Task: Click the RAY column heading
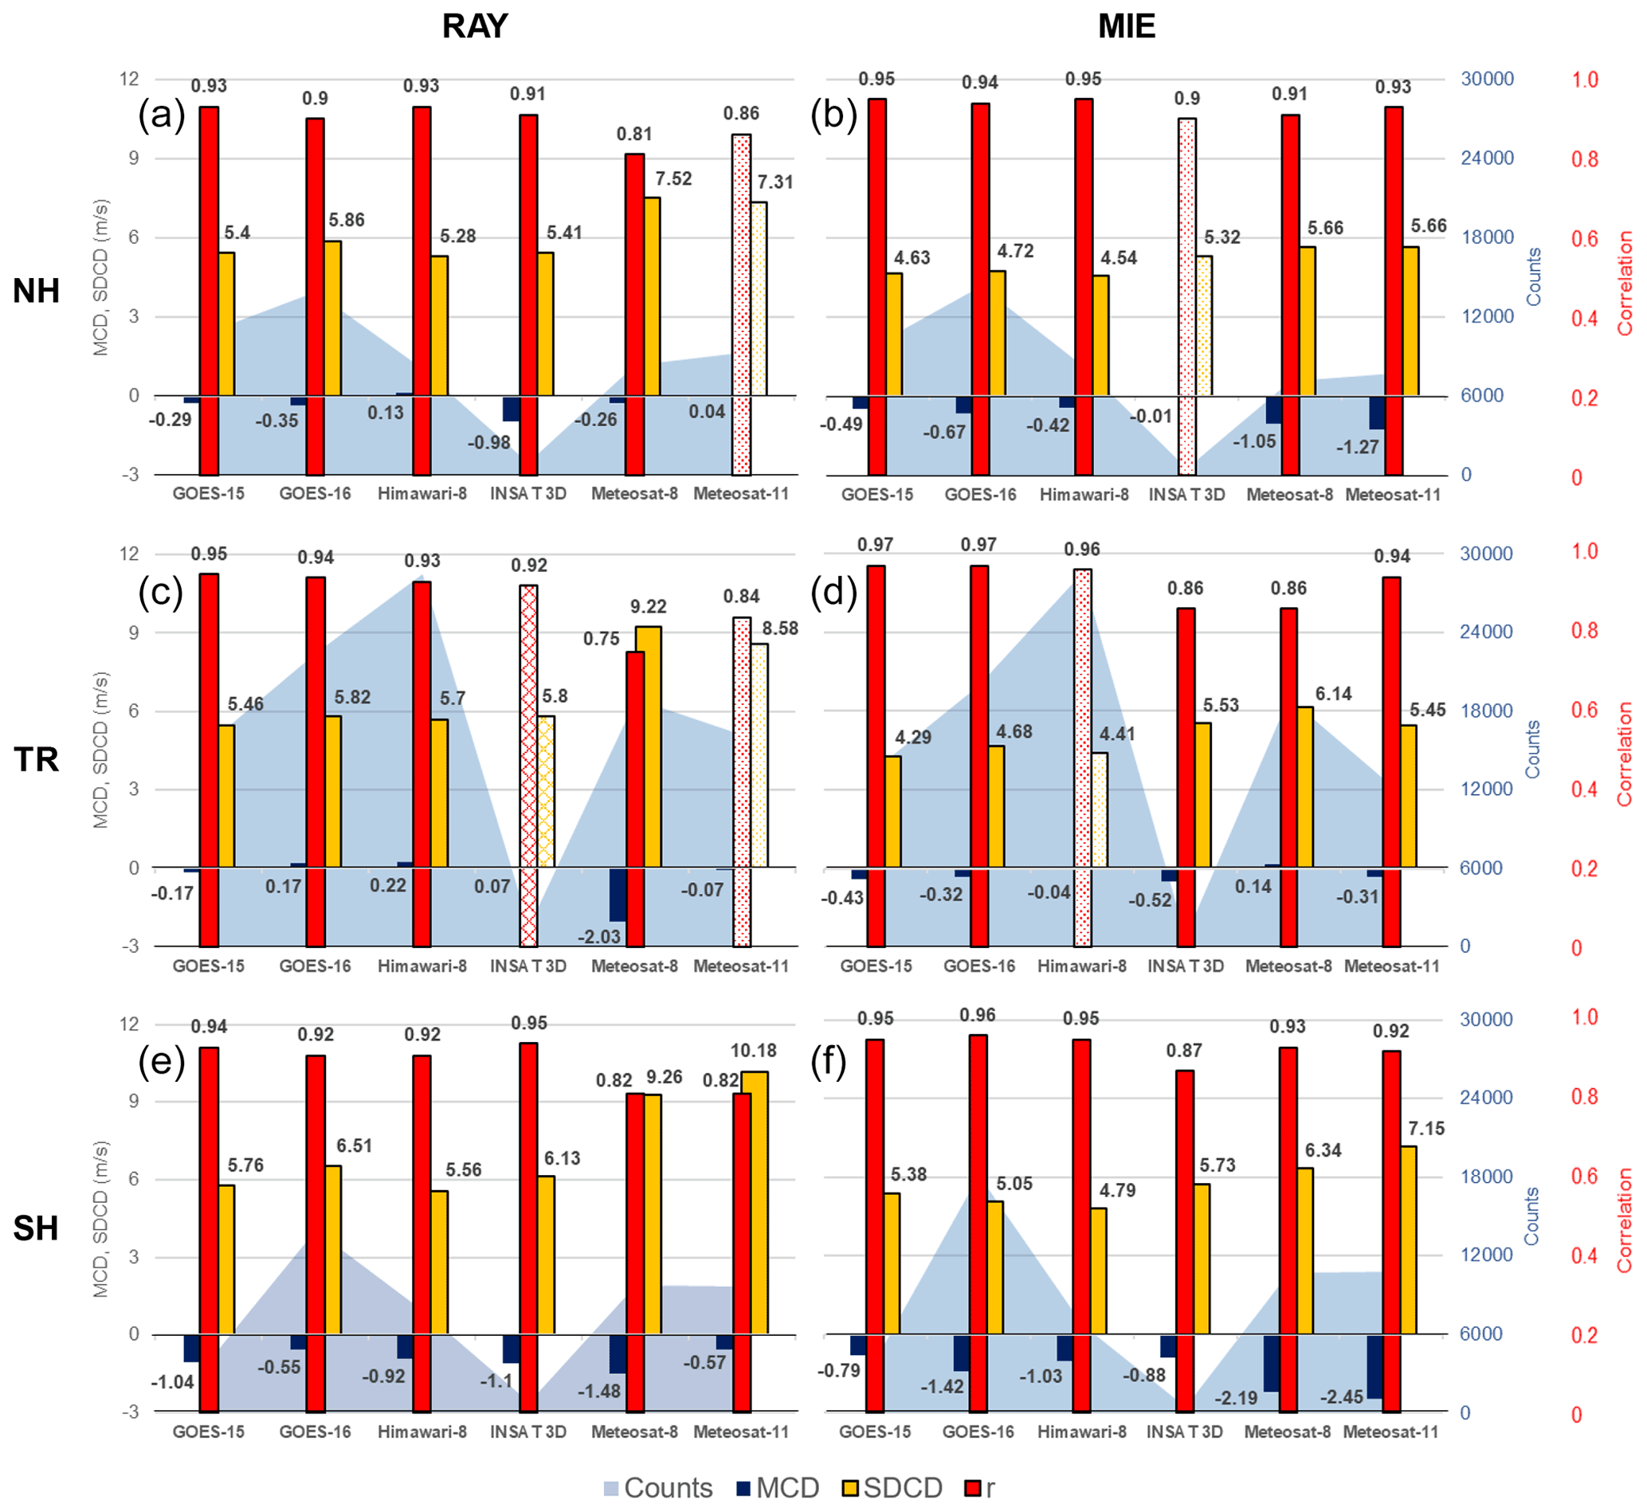coord(475,26)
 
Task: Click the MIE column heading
coord(1127,26)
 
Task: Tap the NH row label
coord(36,292)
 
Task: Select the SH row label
coord(36,1228)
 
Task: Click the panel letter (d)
coord(833,591)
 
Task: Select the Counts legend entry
coord(659,1487)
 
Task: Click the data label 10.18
coord(754,1050)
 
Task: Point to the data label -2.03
coord(599,936)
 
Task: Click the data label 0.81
coord(634,134)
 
